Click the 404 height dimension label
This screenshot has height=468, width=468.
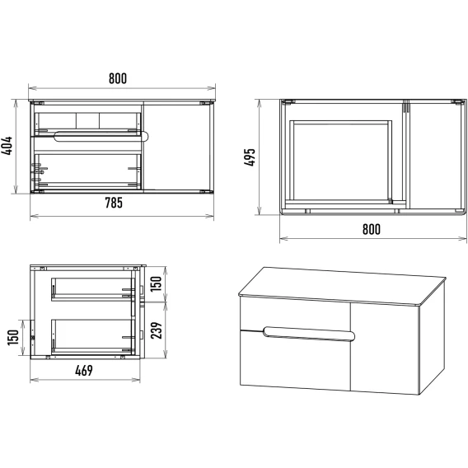click(7, 146)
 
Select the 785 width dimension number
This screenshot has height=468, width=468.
click(114, 203)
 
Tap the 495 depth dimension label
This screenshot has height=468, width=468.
click(250, 157)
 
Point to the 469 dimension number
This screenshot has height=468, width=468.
click(84, 371)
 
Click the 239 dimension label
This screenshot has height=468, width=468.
click(156, 330)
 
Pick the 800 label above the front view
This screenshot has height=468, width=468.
click(118, 78)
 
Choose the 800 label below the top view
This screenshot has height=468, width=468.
click(372, 229)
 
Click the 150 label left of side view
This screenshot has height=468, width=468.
click(13, 338)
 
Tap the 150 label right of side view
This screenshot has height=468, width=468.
click(156, 284)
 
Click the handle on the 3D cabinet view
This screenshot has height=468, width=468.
click(309, 334)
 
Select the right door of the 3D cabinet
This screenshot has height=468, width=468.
click(385, 348)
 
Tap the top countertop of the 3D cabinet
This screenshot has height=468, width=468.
click(342, 286)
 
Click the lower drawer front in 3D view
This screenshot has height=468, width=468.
click(295, 361)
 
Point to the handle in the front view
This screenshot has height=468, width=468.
click(101, 136)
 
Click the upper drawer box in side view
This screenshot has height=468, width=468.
click(93, 289)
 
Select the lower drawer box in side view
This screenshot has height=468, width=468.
click(93, 337)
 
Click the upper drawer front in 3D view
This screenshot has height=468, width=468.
click(295, 315)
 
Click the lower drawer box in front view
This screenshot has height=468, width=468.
click(87, 171)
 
